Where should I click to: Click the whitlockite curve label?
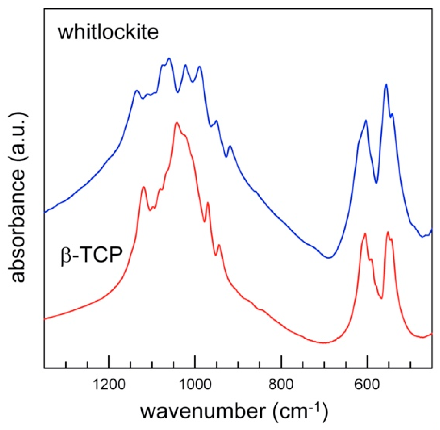pyautogui.click(x=108, y=32)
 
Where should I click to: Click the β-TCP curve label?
pyautogui.click(x=92, y=255)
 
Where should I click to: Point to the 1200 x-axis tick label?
pyautogui.click(x=109, y=384)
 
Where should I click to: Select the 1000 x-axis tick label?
pyautogui.click(x=195, y=384)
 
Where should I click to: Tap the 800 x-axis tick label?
pyautogui.click(x=281, y=384)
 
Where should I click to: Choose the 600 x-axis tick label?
pyautogui.click(x=367, y=384)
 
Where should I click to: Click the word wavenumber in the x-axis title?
pyautogui.click(x=203, y=411)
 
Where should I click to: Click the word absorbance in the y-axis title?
pyautogui.click(x=18, y=226)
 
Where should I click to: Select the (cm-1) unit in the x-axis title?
pyautogui.click(x=300, y=411)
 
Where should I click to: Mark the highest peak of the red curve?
pyautogui.click(x=177, y=123)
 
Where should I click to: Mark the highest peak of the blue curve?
pyautogui.click(x=169, y=58)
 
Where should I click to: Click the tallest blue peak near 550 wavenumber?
pyautogui.click(x=386, y=84)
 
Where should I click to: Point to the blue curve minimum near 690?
pyautogui.click(x=328, y=257)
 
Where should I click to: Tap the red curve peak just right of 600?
pyautogui.click(x=365, y=233)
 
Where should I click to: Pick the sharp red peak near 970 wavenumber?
pyautogui.click(x=208, y=202)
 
